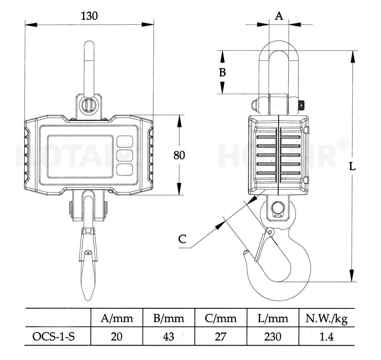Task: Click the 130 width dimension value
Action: click(x=89, y=16)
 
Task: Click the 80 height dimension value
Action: click(x=179, y=155)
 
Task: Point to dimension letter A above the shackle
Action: click(x=279, y=16)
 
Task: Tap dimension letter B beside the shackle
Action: click(x=223, y=72)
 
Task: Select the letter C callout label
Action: click(x=182, y=239)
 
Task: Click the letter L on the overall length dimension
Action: click(x=352, y=166)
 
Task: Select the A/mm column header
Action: click(x=117, y=318)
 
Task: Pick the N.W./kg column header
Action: click(x=326, y=318)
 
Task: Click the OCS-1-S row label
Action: click(x=54, y=336)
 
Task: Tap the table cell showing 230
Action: click(x=272, y=336)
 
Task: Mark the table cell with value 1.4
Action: click(x=326, y=336)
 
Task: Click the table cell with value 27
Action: click(x=220, y=336)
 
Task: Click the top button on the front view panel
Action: click(x=124, y=141)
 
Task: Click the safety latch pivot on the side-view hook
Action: click(x=270, y=232)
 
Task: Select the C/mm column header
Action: click(x=220, y=318)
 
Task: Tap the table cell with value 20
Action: click(x=117, y=336)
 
